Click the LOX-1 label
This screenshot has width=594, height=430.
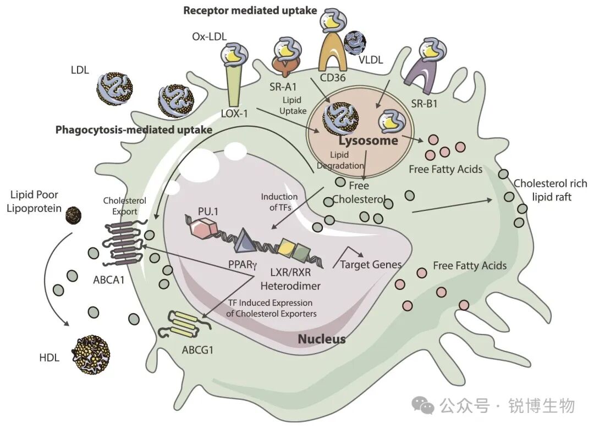[234, 114]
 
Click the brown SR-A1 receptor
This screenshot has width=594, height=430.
[287, 64]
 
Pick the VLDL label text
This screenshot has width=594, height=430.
[371, 60]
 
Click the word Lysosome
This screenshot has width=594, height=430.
[368, 141]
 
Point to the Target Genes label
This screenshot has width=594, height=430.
[371, 264]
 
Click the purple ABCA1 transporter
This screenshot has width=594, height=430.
[123, 244]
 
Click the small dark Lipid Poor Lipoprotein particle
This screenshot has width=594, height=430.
[74, 215]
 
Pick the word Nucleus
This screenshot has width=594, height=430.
[322, 339]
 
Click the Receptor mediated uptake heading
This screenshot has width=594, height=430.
[250, 10]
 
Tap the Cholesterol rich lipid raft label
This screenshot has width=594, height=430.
[551, 190]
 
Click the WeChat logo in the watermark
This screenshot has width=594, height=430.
[423, 405]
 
